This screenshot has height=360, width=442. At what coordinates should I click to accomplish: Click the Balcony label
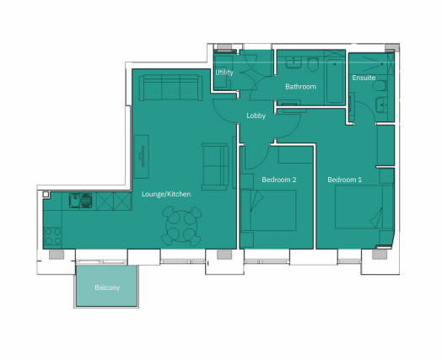[107, 287]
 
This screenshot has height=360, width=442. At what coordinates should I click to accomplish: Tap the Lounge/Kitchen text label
[166, 194]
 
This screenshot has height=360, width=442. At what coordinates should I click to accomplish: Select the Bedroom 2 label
[279, 180]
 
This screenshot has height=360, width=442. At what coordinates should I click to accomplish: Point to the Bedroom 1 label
[344, 180]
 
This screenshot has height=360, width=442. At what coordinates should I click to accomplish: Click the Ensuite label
[364, 78]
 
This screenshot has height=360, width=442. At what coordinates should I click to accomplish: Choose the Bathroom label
[300, 87]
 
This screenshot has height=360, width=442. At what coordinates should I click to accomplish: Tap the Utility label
[224, 73]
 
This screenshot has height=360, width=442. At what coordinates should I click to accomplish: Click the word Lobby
[256, 116]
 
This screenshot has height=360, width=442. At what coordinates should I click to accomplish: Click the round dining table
[182, 226]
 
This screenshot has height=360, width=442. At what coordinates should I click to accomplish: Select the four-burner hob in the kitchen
[52, 236]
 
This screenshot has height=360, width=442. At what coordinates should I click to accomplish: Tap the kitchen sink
[81, 201]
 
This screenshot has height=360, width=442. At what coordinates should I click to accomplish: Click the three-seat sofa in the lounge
[170, 88]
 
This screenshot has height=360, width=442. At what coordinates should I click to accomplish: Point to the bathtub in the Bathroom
[335, 81]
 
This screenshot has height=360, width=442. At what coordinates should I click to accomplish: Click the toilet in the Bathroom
[312, 64]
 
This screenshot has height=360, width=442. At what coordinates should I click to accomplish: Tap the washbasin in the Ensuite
[381, 105]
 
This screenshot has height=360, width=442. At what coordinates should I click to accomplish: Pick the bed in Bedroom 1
[364, 207]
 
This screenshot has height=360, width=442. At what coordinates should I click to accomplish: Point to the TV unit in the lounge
[141, 157]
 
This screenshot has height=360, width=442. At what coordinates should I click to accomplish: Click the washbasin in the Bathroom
[294, 62]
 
